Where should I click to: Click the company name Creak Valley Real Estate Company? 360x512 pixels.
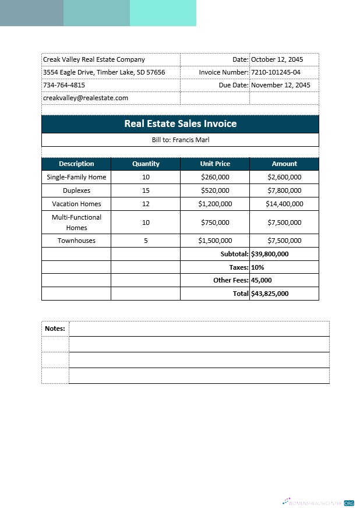click(94, 59)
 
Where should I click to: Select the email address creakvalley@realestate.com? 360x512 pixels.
click(85, 98)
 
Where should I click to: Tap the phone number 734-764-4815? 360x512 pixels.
click(64, 85)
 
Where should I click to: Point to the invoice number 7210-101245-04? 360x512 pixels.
click(276, 72)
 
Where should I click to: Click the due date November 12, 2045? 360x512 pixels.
click(280, 85)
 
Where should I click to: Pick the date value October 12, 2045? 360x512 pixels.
click(277, 59)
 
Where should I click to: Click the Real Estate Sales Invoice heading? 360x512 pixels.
click(180, 124)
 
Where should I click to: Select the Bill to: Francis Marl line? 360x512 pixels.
click(180, 140)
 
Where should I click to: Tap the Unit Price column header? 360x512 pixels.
click(215, 164)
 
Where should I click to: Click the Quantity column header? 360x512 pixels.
click(146, 164)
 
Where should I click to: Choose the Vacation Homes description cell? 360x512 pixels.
click(76, 204)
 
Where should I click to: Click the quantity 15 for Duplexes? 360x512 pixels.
click(146, 190)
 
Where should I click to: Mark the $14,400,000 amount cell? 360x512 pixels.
click(284, 204)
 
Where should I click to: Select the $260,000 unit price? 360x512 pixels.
click(215, 177)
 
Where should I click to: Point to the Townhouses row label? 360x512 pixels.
click(76, 241)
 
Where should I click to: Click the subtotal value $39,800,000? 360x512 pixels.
click(270, 254)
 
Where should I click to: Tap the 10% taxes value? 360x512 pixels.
click(257, 267)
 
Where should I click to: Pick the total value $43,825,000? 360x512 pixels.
click(270, 294)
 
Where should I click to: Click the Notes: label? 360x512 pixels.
click(55, 329)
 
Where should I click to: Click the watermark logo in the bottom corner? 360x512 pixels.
click(318, 502)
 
